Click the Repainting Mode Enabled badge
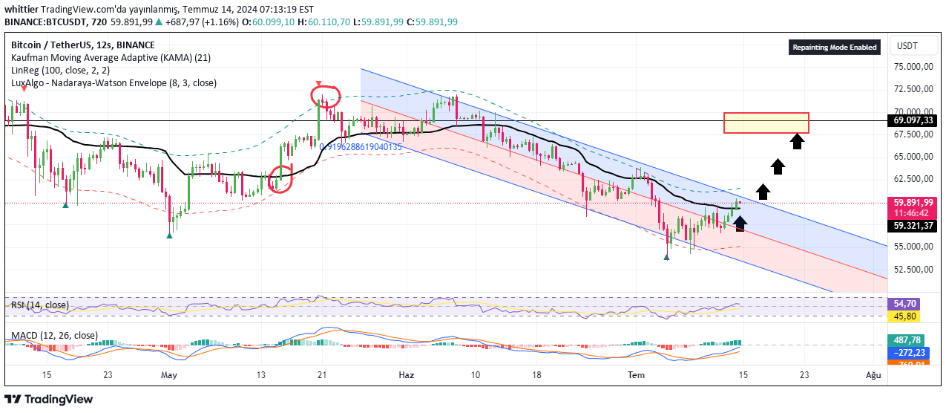(x=835, y=48)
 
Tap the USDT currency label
(x=907, y=46)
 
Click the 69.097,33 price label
(x=913, y=120)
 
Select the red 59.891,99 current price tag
(x=913, y=202)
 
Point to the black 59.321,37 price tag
(x=913, y=226)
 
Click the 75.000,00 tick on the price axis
(x=912, y=67)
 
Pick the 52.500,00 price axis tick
(x=912, y=270)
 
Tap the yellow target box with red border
(x=766, y=123)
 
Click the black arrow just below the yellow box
(x=797, y=140)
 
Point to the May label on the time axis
(x=170, y=376)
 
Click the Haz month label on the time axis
(x=407, y=376)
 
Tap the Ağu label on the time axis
(x=874, y=376)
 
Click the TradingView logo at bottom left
(x=50, y=400)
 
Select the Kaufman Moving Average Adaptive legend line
(x=111, y=57)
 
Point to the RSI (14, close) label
(x=39, y=305)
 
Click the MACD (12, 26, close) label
(x=53, y=336)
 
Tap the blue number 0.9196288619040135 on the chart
(x=361, y=147)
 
